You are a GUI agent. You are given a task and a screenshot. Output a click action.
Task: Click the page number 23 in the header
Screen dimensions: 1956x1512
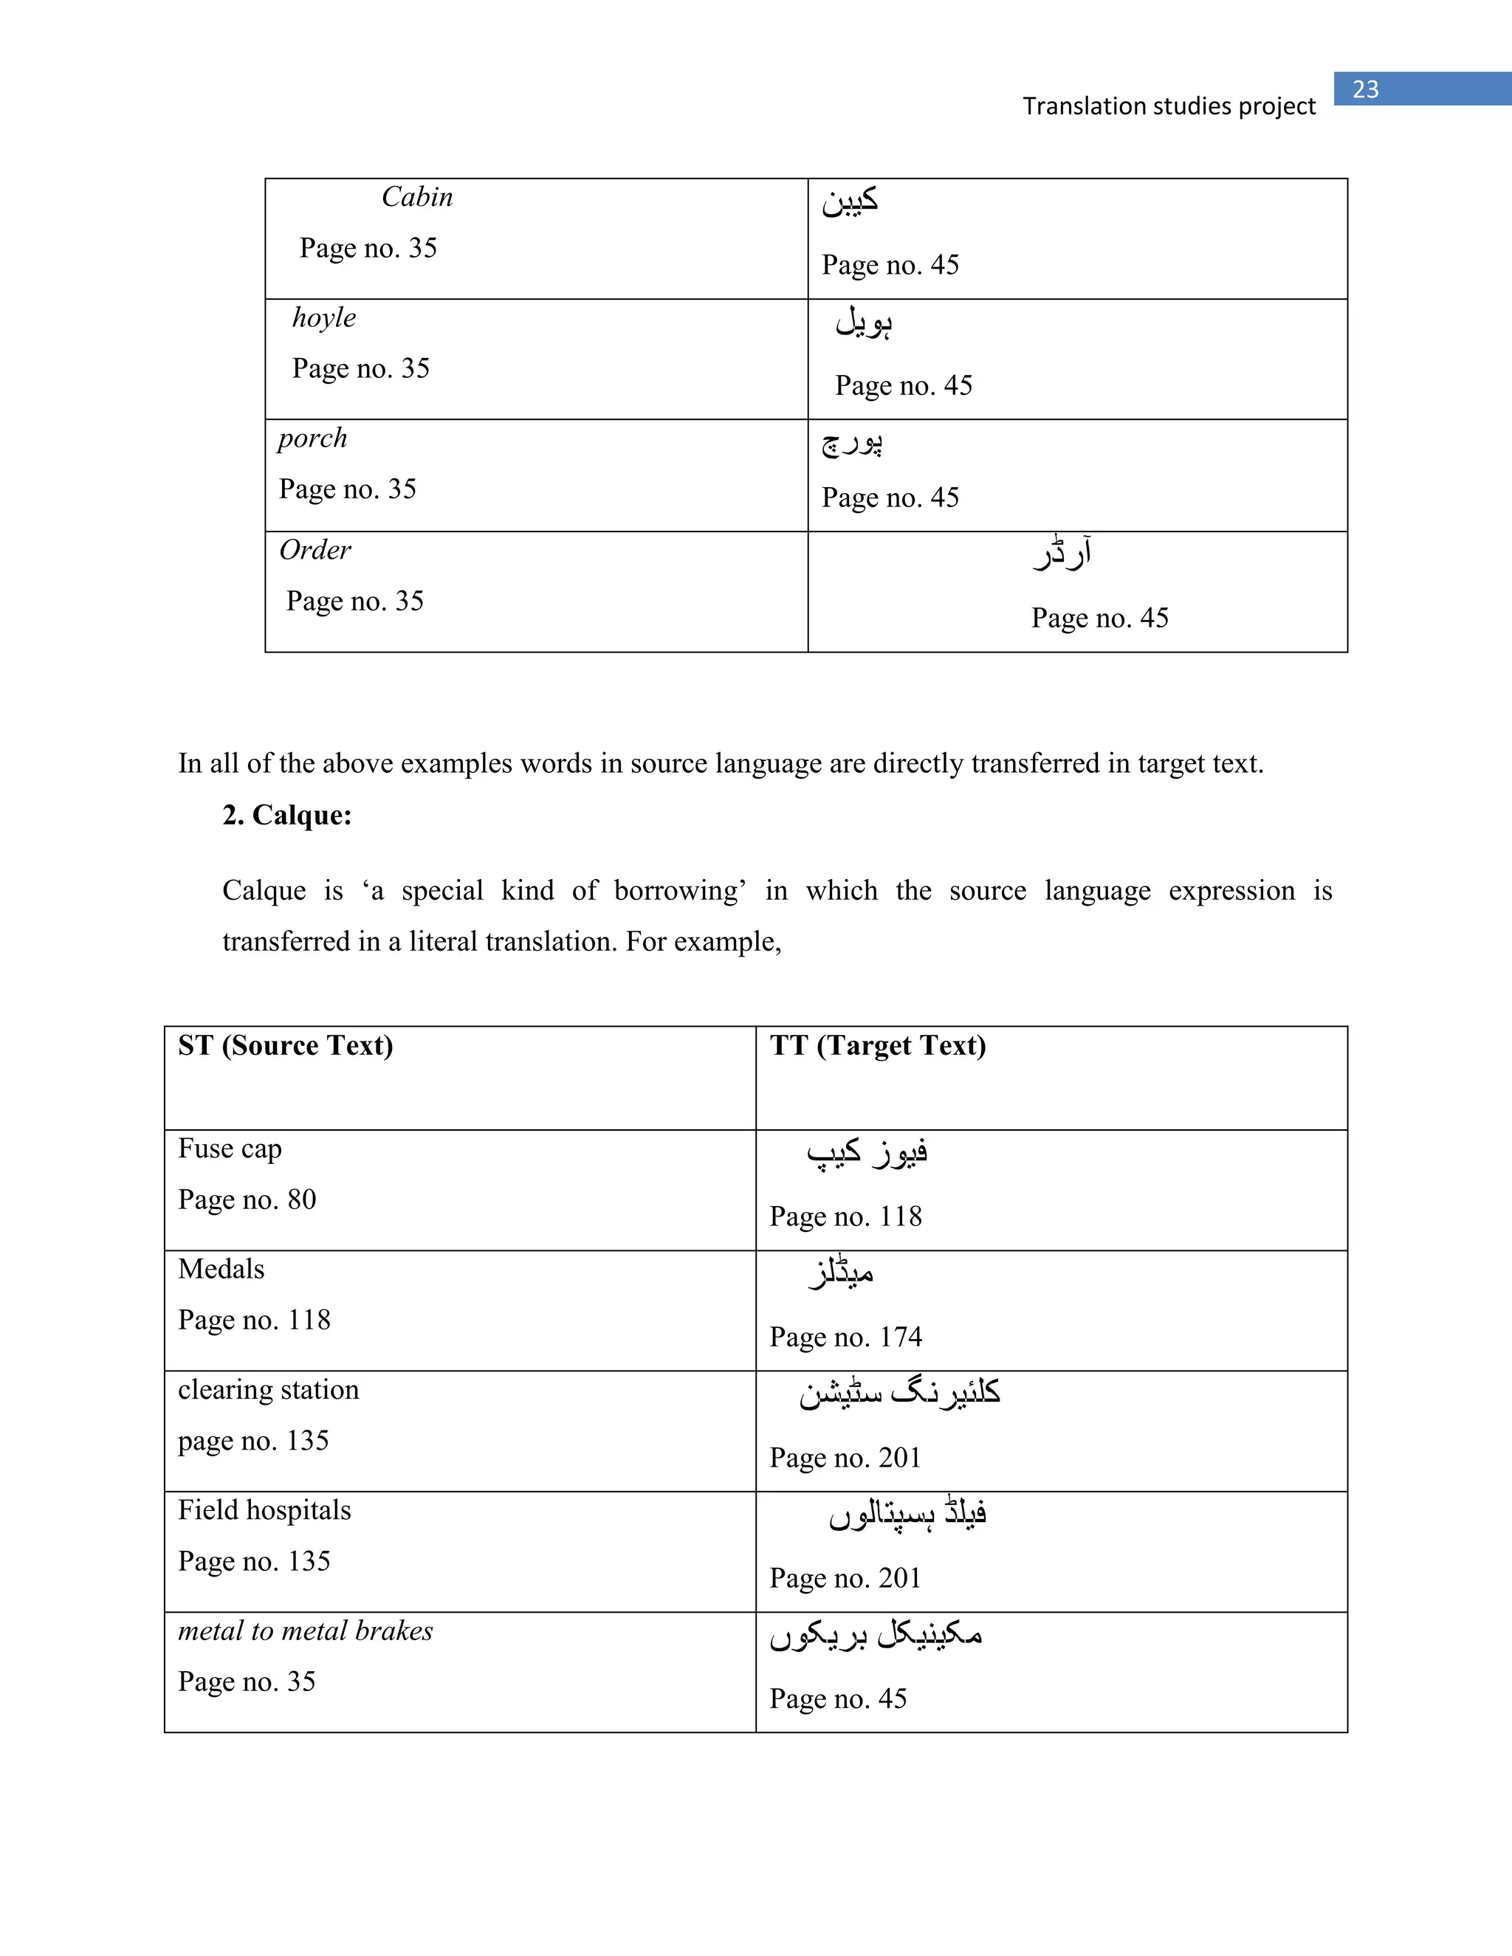click(1365, 89)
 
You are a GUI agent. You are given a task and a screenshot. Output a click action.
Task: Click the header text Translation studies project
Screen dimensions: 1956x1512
click(1169, 106)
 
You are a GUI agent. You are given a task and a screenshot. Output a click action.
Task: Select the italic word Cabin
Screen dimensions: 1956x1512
click(416, 197)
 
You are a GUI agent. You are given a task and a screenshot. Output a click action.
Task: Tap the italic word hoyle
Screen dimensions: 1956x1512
click(324, 318)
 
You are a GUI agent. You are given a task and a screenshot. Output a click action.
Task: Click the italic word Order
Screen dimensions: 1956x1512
click(315, 550)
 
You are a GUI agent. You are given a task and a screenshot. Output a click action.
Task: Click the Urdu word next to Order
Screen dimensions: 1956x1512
click(1062, 553)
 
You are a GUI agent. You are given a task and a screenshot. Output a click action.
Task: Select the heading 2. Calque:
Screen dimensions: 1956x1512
click(286, 815)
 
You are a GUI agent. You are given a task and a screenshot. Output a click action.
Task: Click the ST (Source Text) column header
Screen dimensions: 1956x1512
click(285, 1045)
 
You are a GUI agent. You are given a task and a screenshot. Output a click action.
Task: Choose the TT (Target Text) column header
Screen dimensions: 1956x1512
click(878, 1045)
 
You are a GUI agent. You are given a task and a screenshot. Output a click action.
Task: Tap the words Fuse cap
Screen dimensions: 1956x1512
click(230, 1149)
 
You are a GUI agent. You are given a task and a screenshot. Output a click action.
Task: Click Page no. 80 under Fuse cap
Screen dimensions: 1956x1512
click(247, 1199)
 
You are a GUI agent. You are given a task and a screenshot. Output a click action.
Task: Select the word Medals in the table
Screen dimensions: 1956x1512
click(221, 1269)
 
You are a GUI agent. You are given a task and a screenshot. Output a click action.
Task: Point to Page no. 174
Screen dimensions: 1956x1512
click(845, 1337)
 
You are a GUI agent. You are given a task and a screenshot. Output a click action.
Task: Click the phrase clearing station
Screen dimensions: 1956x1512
click(268, 1390)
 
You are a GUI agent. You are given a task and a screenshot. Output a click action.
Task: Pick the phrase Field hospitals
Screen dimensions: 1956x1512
click(264, 1510)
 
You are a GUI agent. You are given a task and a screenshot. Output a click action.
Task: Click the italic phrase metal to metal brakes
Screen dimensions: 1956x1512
click(305, 1631)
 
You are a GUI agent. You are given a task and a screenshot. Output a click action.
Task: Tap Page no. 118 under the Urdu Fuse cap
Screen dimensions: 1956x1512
click(845, 1216)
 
